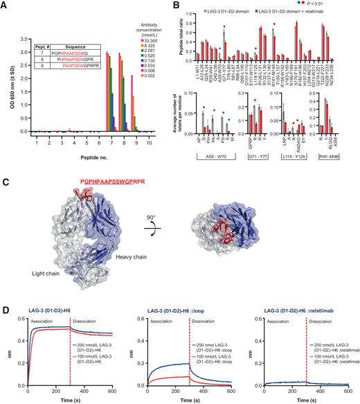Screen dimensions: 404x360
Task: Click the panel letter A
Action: point(5,6)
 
